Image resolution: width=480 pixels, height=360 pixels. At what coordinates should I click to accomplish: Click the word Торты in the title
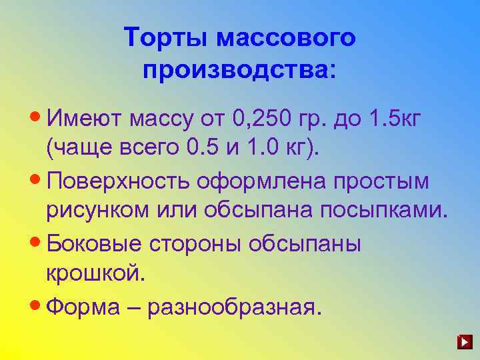166,37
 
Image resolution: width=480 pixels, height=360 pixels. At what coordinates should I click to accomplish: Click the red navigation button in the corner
465,343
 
